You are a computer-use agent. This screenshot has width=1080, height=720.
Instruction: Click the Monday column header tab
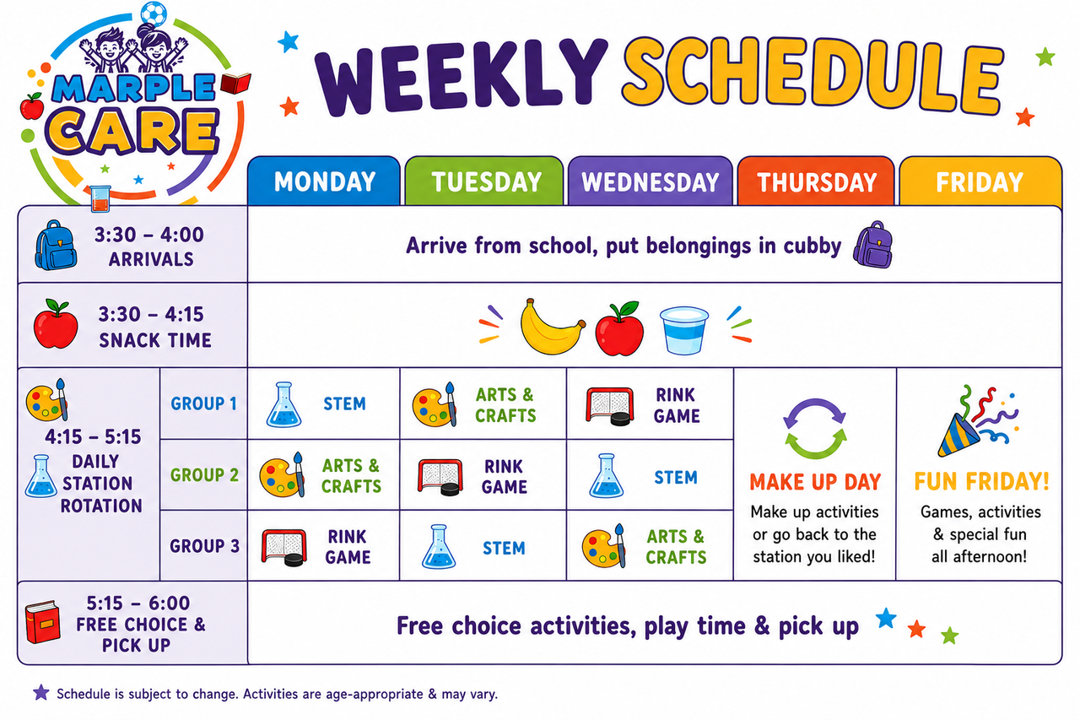[x=324, y=181]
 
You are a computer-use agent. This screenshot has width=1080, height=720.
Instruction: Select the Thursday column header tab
[x=816, y=181]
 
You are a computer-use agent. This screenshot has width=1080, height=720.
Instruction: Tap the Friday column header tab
[x=980, y=181]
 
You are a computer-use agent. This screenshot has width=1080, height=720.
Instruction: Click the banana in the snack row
[x=552, y=327]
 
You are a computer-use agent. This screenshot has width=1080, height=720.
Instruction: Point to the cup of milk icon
[x=683, y=330]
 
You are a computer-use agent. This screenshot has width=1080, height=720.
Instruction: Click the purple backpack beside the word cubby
[x=873, y=245]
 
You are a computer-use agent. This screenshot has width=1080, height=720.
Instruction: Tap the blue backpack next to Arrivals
[x=56, y=245]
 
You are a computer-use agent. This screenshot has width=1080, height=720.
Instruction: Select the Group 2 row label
[x=204, y=475]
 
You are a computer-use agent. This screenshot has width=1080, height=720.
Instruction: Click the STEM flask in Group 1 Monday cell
[x=284, y=404]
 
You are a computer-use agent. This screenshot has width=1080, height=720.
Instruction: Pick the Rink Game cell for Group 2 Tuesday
[x=483, y=475]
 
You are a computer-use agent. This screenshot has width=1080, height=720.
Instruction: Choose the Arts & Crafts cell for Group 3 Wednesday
[x=650, y=545]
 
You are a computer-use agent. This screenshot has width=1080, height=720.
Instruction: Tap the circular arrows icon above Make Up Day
[x=815, y=428]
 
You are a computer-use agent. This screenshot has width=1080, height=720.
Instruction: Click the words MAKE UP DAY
[x=815, y=482]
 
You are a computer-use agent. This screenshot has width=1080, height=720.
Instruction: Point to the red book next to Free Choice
[x=42, y=622]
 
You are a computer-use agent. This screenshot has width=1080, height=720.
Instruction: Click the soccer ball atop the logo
[x=154, y=13]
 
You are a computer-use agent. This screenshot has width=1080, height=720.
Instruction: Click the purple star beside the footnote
[x=41, y=692]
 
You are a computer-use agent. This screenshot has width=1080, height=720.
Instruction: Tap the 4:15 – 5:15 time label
[x=93, y=437]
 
